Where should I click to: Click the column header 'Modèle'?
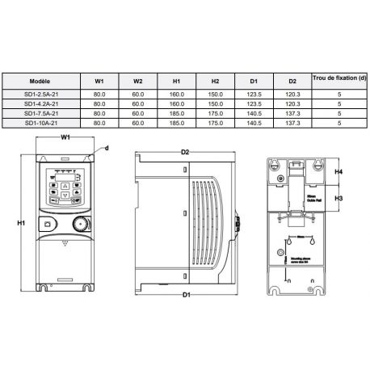[x=40, y=82]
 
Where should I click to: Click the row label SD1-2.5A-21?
[x=40, y=94]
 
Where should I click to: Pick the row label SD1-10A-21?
[x=40, y=123]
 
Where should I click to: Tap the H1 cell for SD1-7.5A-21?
[x=176, y=113]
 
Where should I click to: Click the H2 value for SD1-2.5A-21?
[x=215, y=94]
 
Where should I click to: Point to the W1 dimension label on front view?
[x=67, y=138]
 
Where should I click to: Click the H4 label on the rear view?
[x=339, y=172]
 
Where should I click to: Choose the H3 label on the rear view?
[x=339, y=198]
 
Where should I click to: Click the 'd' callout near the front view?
[x=107, y=149]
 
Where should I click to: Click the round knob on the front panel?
[x=79, y=224]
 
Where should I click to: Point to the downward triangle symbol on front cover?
[x=66, y=241]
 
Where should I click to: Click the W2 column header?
[x=137, y=82]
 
